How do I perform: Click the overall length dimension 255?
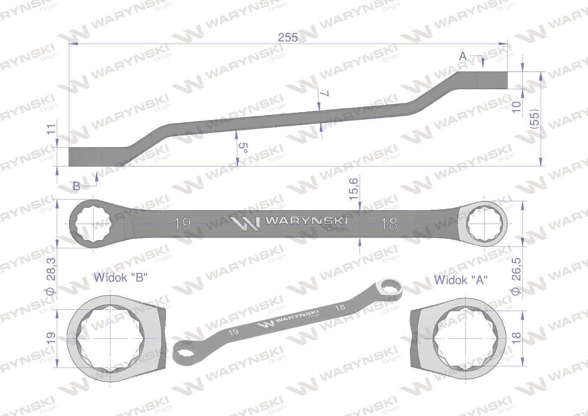(288, 38)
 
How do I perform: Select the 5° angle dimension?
(243, 149)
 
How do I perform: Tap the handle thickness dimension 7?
(326, 94)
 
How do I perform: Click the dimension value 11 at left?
(52, 129)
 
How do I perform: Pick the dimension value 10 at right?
(516, 107)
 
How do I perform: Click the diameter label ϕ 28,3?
(50, 279)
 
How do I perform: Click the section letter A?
(462, 56)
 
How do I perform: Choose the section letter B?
(76, 186)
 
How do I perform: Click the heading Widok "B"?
(121, 277)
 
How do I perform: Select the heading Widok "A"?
(461, 280)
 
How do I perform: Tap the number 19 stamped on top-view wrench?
(182, 224)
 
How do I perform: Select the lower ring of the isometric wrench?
(186, 349)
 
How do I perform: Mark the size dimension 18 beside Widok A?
(516, 338)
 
